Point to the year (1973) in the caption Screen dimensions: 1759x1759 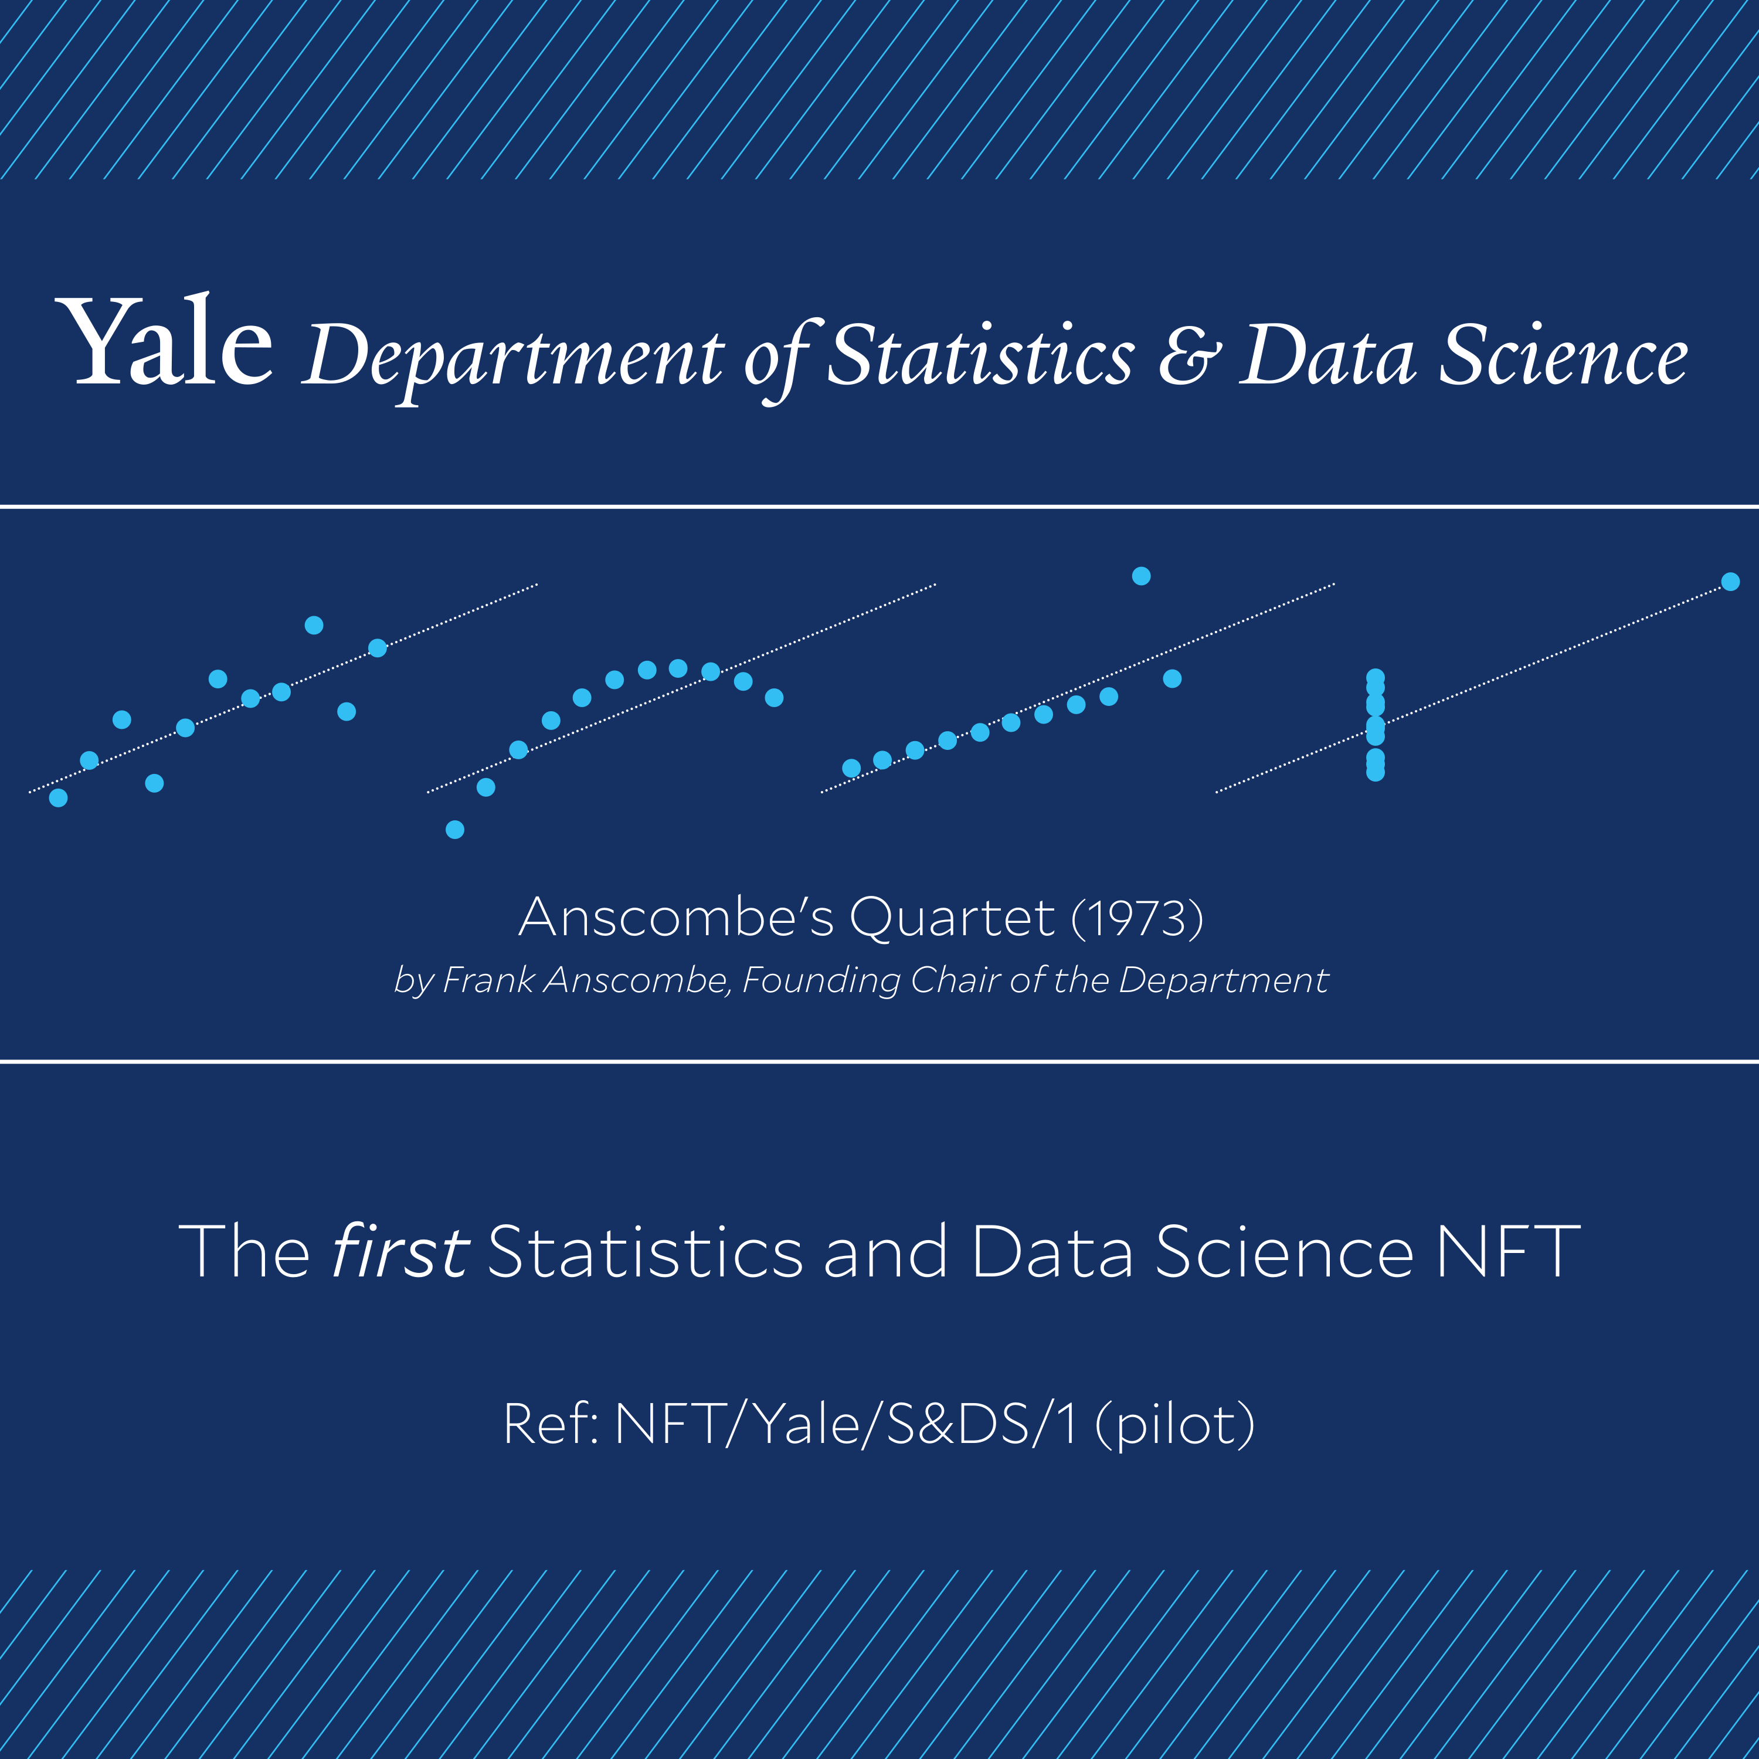1137,917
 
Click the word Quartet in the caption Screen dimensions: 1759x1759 952,917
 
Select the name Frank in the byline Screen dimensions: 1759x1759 489,980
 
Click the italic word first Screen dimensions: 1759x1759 400,1251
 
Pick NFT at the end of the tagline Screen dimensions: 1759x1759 1507,1252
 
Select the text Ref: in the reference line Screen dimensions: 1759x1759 551,1424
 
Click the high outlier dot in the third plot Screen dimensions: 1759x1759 1141,575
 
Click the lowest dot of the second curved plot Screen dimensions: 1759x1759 455,830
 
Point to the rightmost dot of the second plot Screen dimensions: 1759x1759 774,697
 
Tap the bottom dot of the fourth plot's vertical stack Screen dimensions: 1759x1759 1376,772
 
